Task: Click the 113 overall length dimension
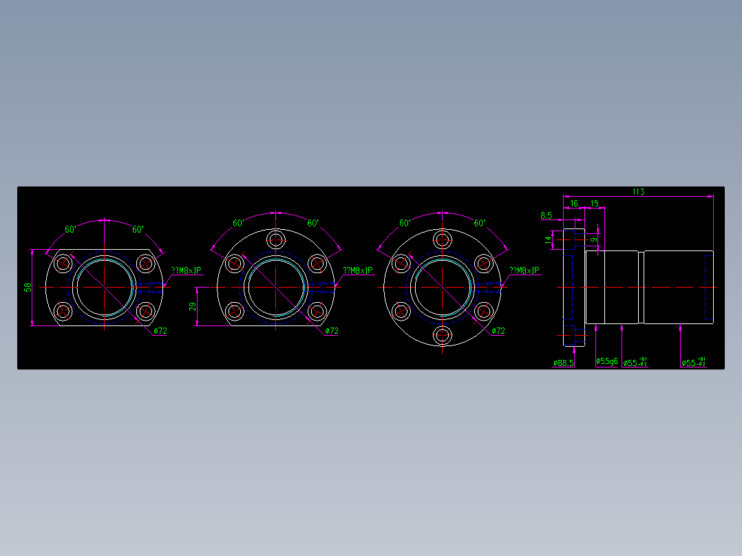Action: tap(638, 192)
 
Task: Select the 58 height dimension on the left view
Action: tap(28, 287)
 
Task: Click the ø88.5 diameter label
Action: tap(563, 363)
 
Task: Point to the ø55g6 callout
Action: tap(607, 362)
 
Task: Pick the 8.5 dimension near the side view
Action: tap(546, 215)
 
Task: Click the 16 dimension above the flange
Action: tap(574, 204)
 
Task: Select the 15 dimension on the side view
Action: tap(594, 204)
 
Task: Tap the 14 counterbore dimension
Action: tap(549, 239)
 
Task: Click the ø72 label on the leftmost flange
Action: tap(160, 331)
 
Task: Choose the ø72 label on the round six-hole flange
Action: tap(498, 331)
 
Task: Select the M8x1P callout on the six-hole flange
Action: tap(524, 271)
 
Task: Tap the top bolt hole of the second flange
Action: tap(277, 239)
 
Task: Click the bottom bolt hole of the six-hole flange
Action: tap(442, 336)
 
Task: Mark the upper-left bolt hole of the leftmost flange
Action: tap(64, 263)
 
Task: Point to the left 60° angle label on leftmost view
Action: tap(70, 229)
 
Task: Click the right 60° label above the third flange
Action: tap(480, 223)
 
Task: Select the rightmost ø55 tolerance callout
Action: tap(693, 363)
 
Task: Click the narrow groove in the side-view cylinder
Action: tap(641, 287)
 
